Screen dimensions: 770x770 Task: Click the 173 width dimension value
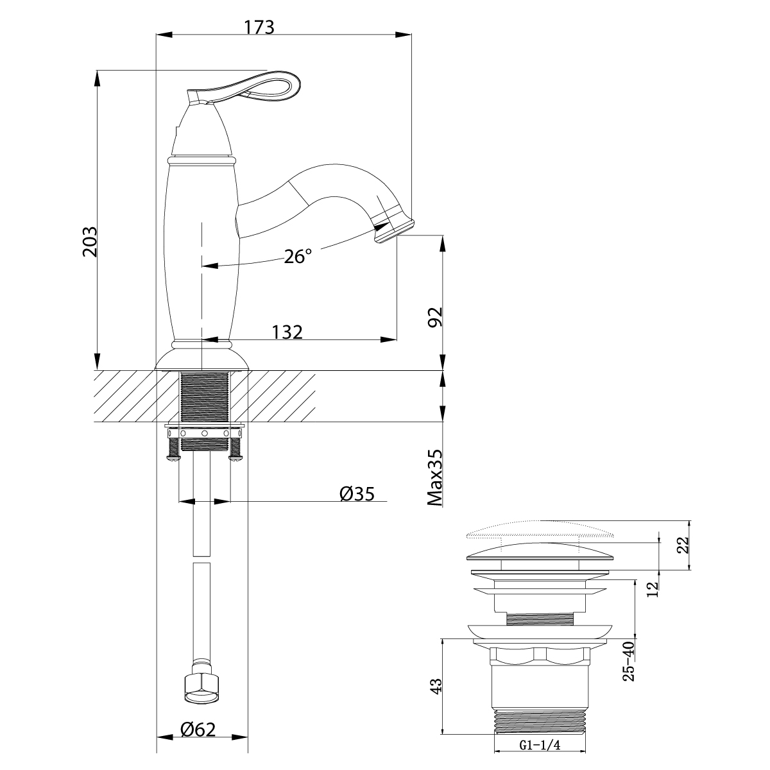[259, 27]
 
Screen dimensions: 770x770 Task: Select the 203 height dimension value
[89, 241]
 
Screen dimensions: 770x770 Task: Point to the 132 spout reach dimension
[287, 332]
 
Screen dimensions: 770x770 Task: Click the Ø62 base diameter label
[198, 729]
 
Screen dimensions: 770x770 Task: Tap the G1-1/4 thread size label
[540, 745]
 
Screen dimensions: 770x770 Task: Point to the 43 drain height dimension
[436, 687]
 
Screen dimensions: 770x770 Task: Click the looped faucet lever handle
[257, 87]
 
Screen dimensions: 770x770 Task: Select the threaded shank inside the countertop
[205, 395]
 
